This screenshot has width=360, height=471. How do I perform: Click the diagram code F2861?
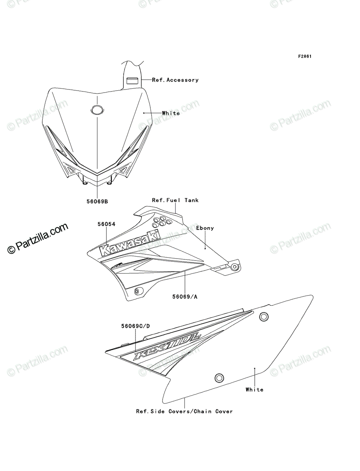point(305,57)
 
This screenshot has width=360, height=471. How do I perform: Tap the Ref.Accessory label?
point(175,80)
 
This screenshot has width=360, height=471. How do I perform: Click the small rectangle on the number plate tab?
point(132,81)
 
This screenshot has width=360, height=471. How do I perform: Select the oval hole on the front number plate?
point(97,110)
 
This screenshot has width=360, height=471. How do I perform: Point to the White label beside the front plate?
point(171,113)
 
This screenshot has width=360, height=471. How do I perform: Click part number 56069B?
point(97,201)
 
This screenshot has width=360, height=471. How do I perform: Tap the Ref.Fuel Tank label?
point(175,200)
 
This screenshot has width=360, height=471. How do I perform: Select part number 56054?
point(106,224)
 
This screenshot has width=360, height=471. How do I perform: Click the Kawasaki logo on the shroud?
point(130,243)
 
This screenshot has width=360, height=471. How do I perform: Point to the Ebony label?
point(205,228)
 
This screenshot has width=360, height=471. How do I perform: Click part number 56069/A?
point(185,297)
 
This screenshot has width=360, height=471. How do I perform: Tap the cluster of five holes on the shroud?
point(162,222)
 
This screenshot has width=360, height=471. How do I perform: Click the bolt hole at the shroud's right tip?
point(235,267)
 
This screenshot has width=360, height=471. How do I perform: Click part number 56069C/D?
point(135,326)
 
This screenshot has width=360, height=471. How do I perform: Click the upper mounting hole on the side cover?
point(264,316)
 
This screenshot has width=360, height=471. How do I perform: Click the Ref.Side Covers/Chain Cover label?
point(185,411)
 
